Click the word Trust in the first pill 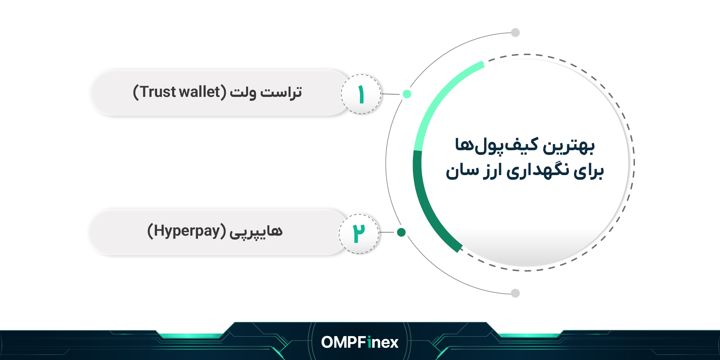pos(158,92)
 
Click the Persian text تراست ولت pos(266,93)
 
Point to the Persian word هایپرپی pos(256,232)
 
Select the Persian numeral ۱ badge pos(361,94)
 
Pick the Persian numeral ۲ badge pos(359,234)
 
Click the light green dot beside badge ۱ pos(407,94)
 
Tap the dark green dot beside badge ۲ pos(401,232)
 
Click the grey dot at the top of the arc pos(515,33)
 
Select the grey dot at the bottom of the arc pos(515,293)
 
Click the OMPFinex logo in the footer pos(360,342)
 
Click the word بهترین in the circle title pos(569,146)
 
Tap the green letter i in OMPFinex pos(369,342)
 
